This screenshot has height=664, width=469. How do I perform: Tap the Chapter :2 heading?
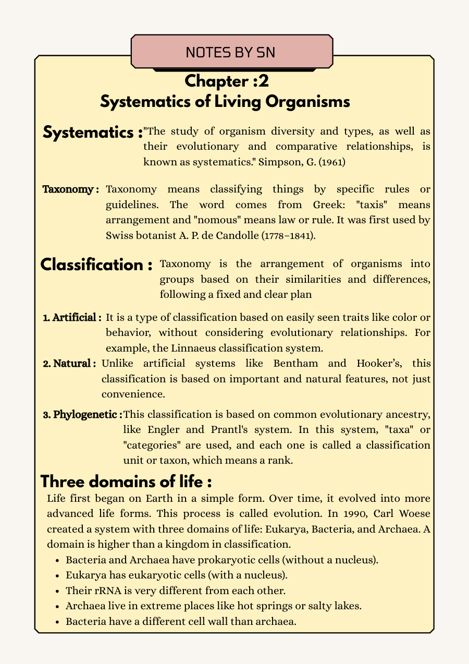click(x=226, y=81)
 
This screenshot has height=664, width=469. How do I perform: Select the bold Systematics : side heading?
click(x=93, y=132)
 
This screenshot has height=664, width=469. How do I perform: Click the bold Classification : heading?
click(x=96, y=264)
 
